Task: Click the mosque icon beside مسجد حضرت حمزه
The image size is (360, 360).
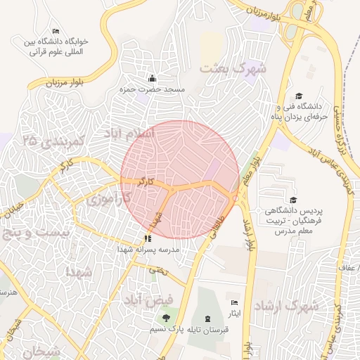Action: coord(152,78)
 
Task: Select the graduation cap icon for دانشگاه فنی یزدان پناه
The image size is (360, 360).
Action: coord(299,96)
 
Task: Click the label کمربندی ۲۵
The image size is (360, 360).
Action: coord(53,141)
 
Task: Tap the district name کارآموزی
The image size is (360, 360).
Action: coord(109,200)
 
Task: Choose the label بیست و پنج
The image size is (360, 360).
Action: coord(36,231)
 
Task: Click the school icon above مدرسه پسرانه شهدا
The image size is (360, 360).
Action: coord(148,238)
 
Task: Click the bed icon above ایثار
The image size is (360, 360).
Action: coord(234,303)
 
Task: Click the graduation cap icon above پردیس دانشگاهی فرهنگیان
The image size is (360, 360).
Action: coord(292,200)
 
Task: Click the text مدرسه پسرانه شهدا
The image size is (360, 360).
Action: coord(152,250)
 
